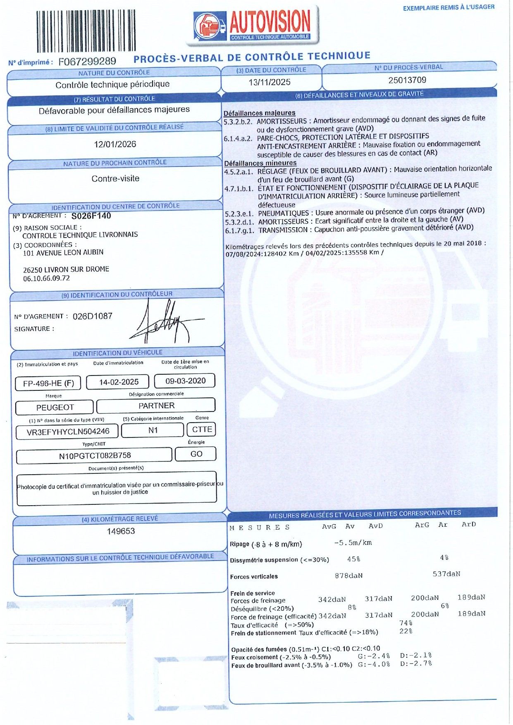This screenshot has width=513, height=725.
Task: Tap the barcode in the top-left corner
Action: pos(86,31)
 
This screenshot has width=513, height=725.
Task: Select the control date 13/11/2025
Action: pos(270,82)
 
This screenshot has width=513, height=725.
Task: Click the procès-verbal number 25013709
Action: pos(407,80)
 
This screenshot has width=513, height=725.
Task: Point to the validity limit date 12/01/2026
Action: pos(115,144)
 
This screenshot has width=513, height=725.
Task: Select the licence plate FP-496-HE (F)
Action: pos(49,383)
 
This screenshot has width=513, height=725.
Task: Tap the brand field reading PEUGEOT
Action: pos(55,407)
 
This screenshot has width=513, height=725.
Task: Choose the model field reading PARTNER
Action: pos(156,406)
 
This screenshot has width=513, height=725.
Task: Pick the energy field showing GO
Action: pos(196,454)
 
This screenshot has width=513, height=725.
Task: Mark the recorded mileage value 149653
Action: pos(121,531)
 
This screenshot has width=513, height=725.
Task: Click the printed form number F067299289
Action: pos(87,62)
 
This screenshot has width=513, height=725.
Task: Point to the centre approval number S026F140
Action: pos(91,216)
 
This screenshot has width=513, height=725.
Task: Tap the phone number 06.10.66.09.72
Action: pos(46,278)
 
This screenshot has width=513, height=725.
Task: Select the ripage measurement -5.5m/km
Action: pos(353,543)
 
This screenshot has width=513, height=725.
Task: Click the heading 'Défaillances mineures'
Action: pos(260,163)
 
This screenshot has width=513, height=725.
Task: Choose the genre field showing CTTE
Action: pos(202,430)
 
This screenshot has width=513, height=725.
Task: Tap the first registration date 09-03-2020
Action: pos(185,381)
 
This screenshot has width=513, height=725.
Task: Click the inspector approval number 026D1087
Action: pos(93,316)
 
